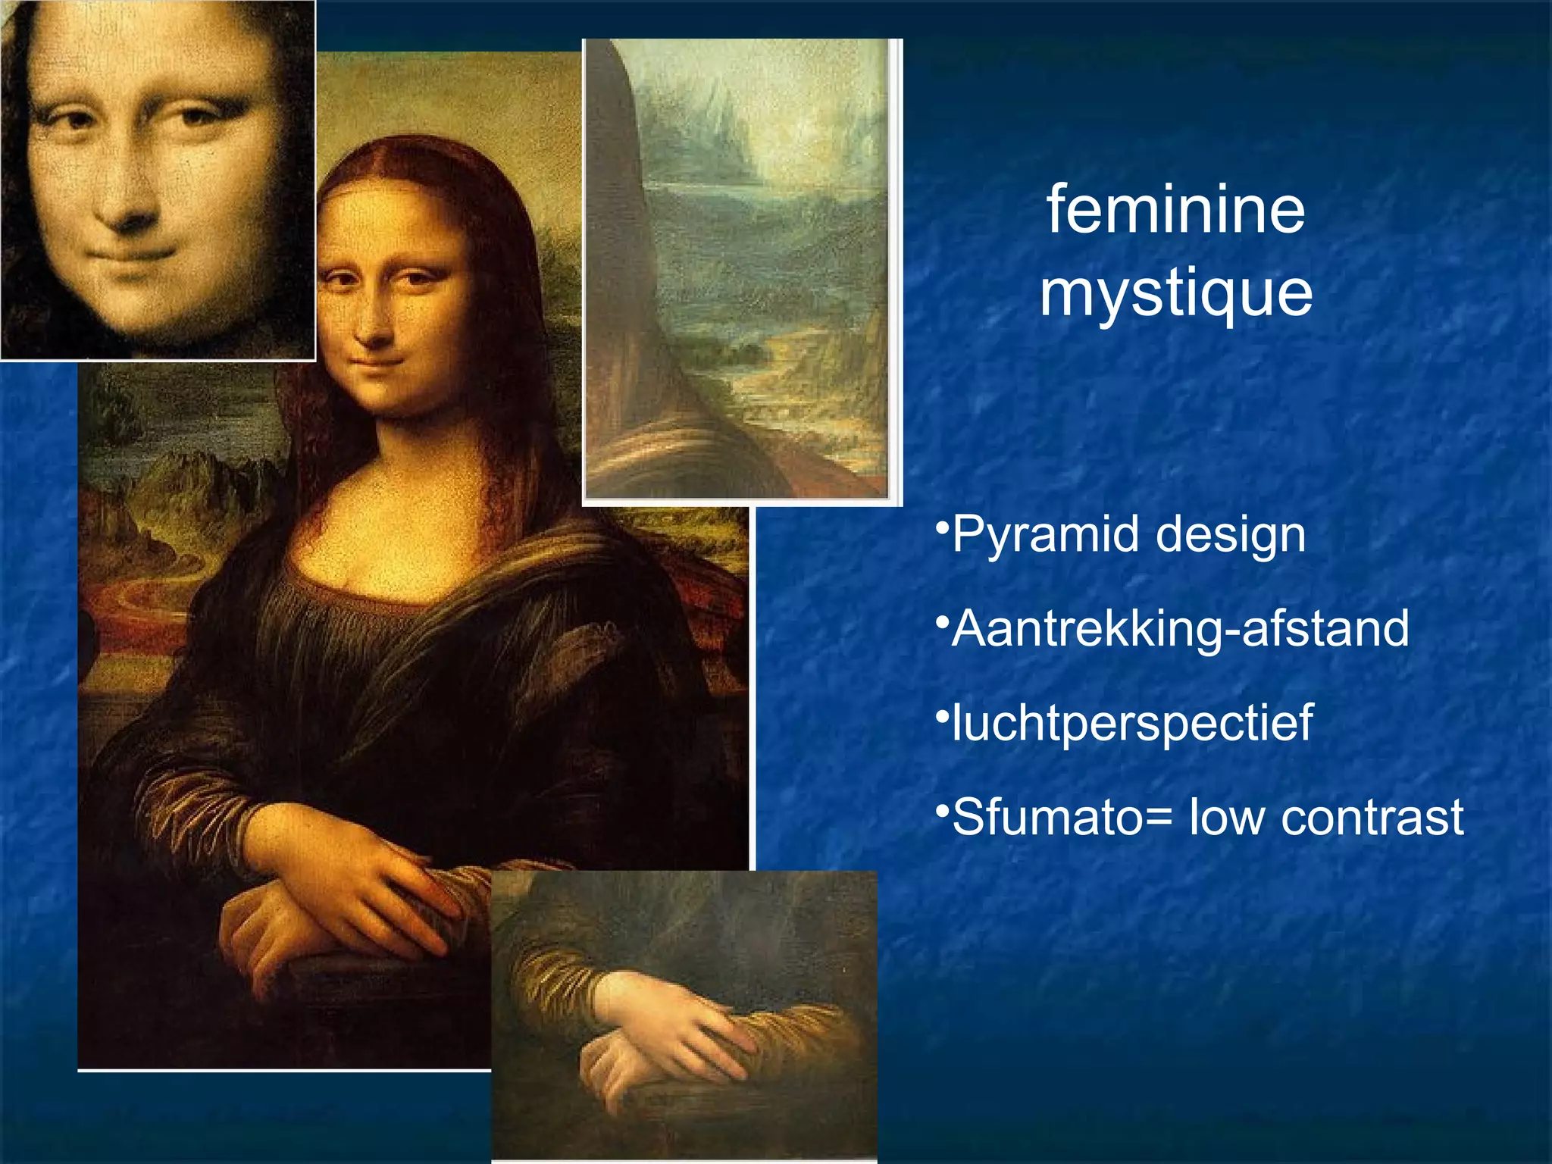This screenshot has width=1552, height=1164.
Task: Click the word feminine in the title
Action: point(1175,210)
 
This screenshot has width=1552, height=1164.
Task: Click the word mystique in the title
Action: point(1175,294)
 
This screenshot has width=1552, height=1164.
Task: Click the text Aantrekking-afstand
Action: point(1180,629)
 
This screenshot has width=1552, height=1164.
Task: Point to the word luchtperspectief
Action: point(1132,723)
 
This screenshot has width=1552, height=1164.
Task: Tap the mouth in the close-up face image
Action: point(144,255)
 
